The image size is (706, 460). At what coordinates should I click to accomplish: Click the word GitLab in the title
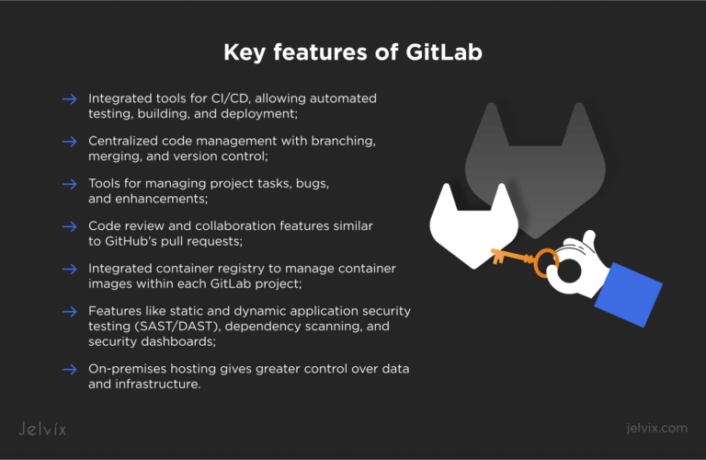[444, 52]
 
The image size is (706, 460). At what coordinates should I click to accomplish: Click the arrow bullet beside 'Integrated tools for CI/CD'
[70, 98]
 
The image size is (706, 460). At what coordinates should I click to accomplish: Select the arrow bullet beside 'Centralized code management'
[70, 142]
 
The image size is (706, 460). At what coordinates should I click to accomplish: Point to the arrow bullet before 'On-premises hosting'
[70, 370]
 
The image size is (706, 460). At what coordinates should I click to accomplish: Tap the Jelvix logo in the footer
[42, 429]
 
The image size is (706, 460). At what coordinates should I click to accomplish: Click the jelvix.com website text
[656, 428]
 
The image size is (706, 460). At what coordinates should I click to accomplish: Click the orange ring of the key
[535, 263]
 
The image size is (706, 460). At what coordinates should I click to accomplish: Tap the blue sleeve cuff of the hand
[629, 294]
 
